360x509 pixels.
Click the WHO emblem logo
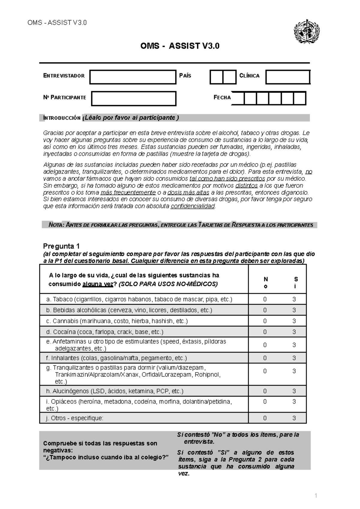click(306, 32)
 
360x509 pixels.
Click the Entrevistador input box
click(133, 77)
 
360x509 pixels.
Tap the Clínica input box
click(288, 77)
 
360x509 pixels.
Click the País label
click(185, 76)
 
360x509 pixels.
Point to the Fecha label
click(222, 97)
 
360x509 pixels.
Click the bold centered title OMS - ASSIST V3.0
click(180, 46)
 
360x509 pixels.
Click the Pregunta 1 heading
click(61, 246)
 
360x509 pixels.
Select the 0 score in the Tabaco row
click(265, 299)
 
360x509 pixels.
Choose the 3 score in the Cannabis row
click(294, 321)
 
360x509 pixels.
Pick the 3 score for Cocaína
click(294, 332)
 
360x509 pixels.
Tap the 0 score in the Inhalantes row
click(265, 358)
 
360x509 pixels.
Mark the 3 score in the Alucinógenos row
click(294, 391)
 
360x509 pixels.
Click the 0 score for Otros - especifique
click(265, 418)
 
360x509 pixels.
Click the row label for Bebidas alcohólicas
click(129, 310)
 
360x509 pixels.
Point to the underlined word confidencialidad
click(193, 206)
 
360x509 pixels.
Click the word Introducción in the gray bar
click(62, 118)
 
